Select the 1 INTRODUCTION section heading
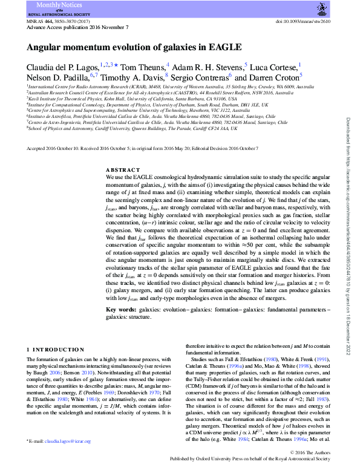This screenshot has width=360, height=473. (x=56, y=350)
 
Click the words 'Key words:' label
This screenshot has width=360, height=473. (x=120, y=308)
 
